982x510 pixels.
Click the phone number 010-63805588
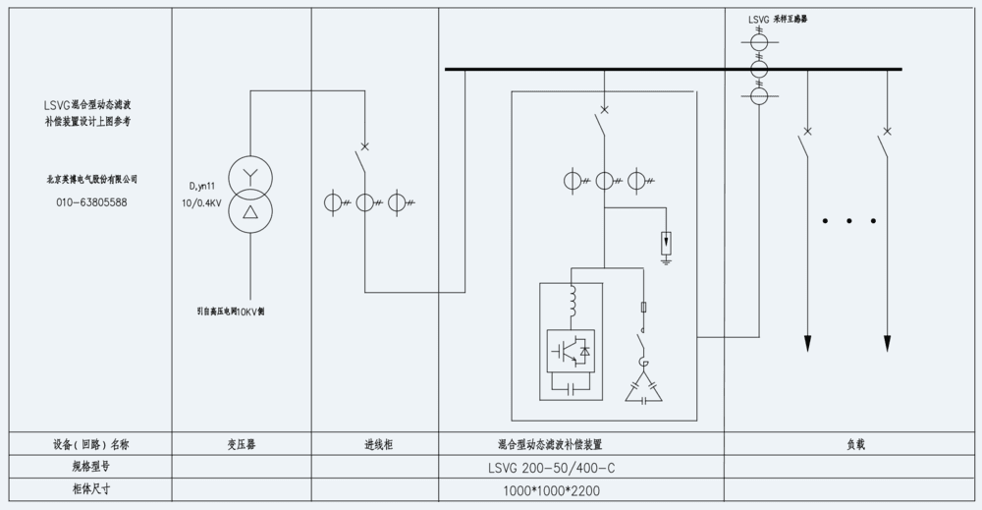point(91,202)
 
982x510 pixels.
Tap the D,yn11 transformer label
point(203,187)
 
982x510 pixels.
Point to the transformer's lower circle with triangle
point(249,213)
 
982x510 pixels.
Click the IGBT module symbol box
point(570,350)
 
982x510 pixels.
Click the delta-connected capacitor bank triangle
point(644,389)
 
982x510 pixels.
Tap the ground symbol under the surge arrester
point(666,260)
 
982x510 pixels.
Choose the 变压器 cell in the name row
point(241,444)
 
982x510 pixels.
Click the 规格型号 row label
point(91,467)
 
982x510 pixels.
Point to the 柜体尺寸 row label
point(91,489)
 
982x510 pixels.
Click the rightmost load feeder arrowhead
point(887,343)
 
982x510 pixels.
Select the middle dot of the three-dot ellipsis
point(848,221)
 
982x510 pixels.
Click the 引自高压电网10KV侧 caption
point(230,311)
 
